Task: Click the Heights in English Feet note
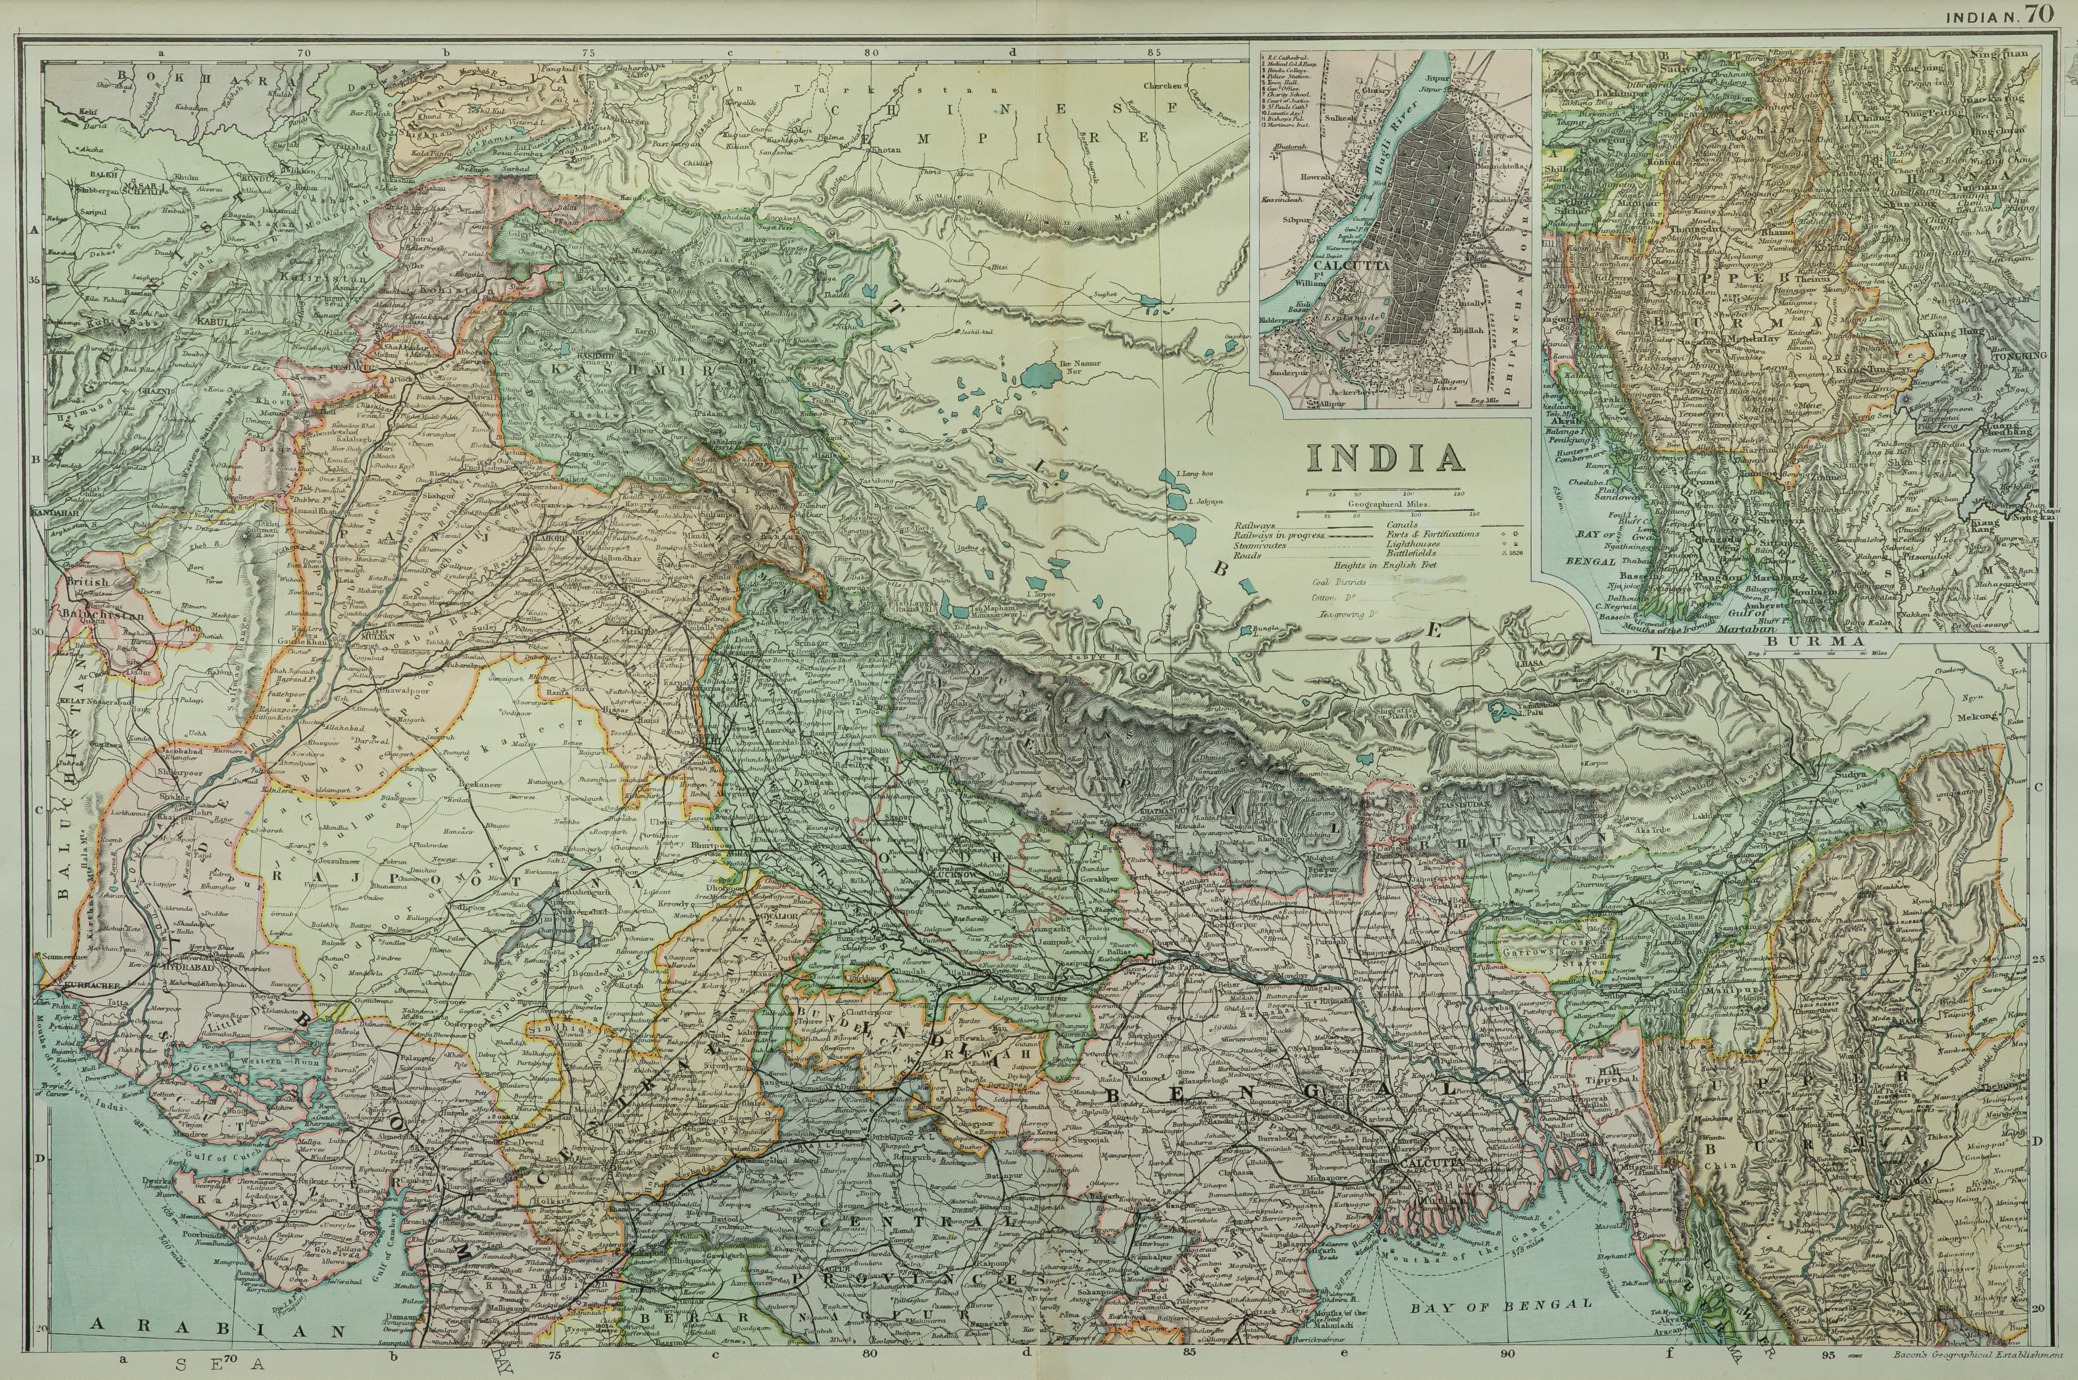pos(1386,566)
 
